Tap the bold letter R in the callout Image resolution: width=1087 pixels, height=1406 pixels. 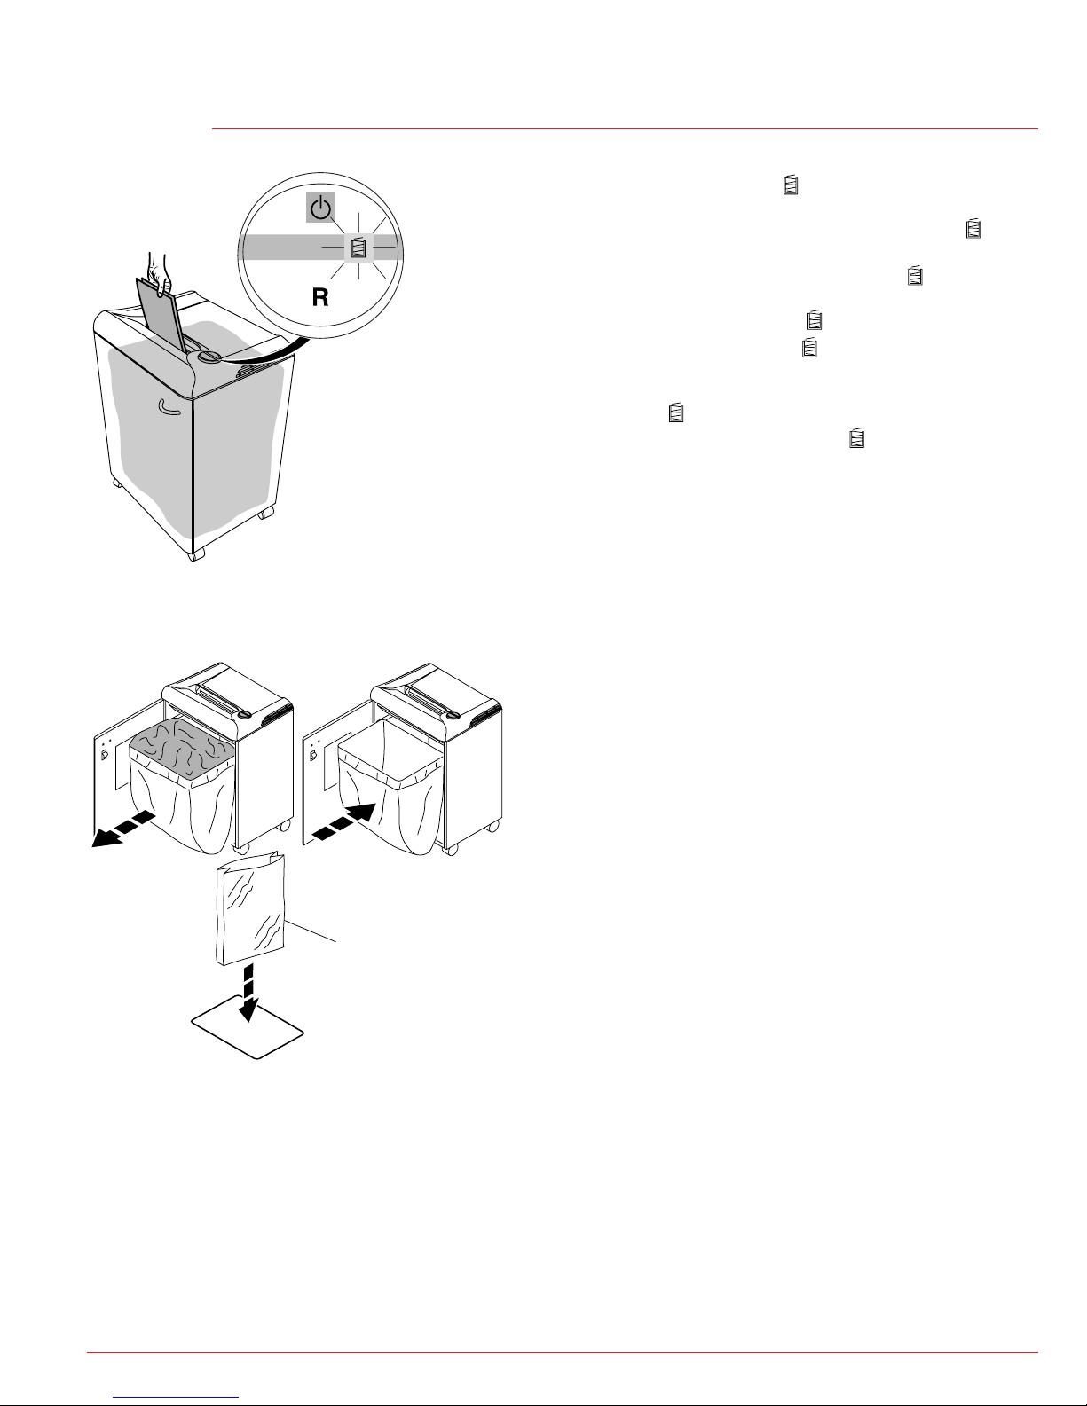click(320, 297)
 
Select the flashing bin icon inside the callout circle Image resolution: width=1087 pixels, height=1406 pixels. click(358, 247)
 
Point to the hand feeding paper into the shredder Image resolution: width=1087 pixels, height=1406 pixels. click(160, 272)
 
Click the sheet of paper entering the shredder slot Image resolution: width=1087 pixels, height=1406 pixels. click(161, 317)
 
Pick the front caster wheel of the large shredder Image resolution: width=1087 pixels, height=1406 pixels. click(196, 554)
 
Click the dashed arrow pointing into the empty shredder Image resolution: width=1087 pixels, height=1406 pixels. click(343, 821)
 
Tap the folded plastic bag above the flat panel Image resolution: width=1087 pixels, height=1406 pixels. click(249, 908)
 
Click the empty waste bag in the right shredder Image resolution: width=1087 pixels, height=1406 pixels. click(390, 786)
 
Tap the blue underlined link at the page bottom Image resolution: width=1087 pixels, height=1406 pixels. click(176, 1397)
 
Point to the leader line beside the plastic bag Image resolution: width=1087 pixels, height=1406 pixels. click(311, 931)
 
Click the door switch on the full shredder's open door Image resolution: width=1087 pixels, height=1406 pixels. click(104, 754)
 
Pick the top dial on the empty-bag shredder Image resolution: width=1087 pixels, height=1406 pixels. click(452, 715)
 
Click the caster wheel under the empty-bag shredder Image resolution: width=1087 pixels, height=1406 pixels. click(451, 850)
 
